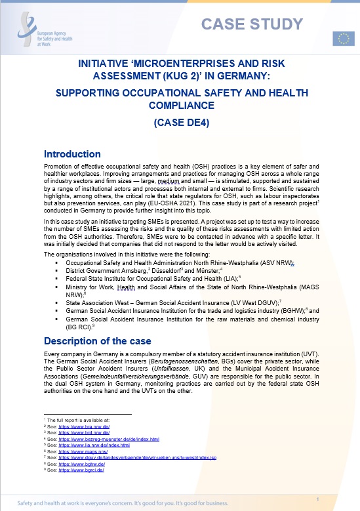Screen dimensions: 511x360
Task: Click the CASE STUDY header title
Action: tap(252, 24)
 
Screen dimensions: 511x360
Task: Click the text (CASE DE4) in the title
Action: tap(179, 122)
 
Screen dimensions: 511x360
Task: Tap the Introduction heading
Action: tap(72, 154)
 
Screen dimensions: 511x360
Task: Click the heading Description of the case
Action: tap(99, 340)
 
